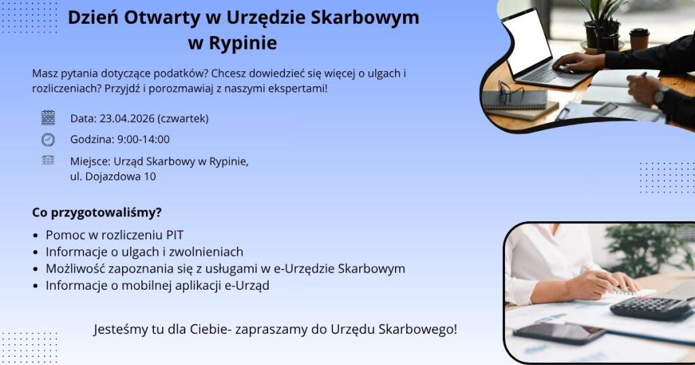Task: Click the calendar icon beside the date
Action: (48, 117)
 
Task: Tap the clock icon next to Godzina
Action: (48, 140)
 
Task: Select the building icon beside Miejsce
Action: (48, 160)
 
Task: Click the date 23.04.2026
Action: (127, 119)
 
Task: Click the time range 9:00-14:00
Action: (143, 140)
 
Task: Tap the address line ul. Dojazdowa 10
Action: (113, 176)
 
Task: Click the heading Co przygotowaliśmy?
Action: (96, 213)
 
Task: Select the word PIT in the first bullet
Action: (174, 235)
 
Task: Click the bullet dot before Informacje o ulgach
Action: (36, 252)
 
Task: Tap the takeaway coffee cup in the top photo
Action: (639, 39)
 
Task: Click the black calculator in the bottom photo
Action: (651, 308)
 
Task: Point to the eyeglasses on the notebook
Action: (510, 91)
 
